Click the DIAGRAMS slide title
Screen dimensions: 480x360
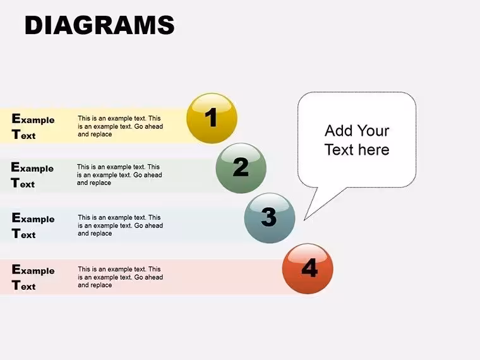pyautogui.click(x=100, y=25)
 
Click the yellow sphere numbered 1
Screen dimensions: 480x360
pyautogui.click(x=212, y=118)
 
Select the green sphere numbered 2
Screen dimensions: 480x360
pyautogui.click(x=241, y=168)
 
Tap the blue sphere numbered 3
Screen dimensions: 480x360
pyautogui.click(x=270, y=218)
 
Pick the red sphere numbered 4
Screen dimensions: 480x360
pyautogui.click(x=308, y=268)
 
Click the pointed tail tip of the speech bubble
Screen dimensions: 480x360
pyautogui.click(x=304, y=220)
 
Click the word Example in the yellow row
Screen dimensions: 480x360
pyautogui.click(x=33, y=119)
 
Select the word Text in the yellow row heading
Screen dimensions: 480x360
pyautogui.click(x=23, y=135)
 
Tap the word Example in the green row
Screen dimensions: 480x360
pyautogui.click(x=32, y=167)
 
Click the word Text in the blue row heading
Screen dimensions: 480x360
pyautogui.click(x=23, y=234)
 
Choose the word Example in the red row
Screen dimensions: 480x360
pyautogui.click(x=33, y=270)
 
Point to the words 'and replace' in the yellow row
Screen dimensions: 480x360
pyautogui.click(x=95, y=134)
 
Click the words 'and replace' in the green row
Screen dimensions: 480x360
pyautogui.click(x=94, y=183)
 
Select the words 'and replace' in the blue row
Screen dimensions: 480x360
pyautogui.click(x=95, y=233)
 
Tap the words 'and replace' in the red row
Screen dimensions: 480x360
pyautogui.click(x=95, y=285)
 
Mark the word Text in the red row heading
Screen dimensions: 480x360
pyautogui.click(x=23, y=285)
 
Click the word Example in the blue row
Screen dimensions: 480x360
pyautogui.click(x=33, y=218)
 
